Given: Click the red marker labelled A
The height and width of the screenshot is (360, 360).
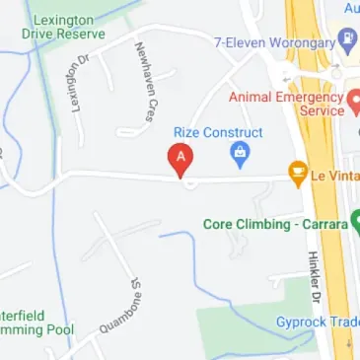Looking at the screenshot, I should (181, 159).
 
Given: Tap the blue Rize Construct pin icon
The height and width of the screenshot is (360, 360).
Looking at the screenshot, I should (238, 153).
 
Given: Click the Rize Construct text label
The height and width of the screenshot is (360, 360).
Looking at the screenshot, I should (218, 132).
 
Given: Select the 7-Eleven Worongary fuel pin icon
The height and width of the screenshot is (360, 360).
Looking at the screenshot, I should (346, 41).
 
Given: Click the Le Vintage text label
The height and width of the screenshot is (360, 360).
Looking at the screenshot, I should (334, 176).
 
